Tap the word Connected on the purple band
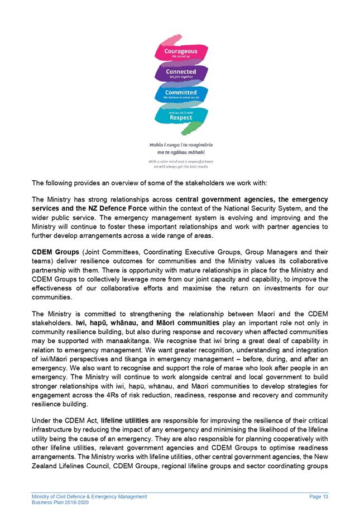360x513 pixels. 180,72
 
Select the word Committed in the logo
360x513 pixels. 180,92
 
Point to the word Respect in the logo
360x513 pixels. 180,118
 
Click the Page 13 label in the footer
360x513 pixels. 318,496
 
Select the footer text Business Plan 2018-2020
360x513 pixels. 60,502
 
